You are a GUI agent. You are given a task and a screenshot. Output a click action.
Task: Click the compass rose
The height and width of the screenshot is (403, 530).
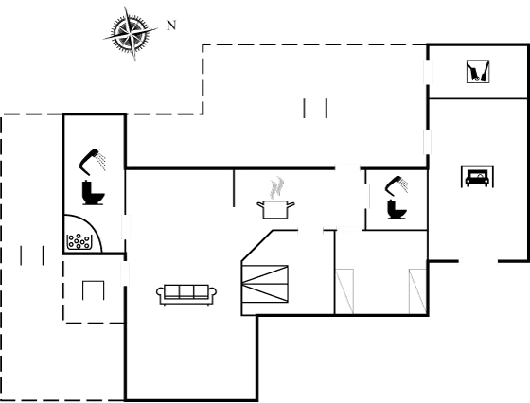coord(131,33)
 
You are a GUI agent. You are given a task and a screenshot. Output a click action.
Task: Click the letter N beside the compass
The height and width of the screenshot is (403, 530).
coord(171,26)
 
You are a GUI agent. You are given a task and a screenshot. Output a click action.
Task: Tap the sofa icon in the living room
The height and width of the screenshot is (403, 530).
coord(186,294)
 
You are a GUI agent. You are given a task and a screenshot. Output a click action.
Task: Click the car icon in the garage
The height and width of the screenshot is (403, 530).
coord(477,176)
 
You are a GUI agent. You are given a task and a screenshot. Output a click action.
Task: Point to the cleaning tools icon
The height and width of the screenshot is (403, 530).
coord(478,71)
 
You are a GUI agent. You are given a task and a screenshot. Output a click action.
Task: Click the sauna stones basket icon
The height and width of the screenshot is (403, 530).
coord(79,241)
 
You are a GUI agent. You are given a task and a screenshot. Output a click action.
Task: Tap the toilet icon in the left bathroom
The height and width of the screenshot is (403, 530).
coord(93,193)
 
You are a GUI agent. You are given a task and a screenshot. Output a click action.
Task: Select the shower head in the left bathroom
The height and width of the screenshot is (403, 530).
coord(93,162)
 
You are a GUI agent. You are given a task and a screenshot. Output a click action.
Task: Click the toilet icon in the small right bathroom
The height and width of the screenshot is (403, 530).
coord(397,209)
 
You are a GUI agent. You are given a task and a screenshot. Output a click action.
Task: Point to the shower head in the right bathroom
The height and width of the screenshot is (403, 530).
coord(397,185)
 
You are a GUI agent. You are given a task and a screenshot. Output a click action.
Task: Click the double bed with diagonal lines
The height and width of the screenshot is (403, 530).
coord(265,284)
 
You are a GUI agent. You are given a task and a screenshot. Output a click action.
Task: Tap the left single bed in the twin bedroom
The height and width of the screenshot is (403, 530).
coord(344,291)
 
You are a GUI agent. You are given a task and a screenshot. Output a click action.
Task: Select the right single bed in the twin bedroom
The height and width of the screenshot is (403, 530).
coord(417,291)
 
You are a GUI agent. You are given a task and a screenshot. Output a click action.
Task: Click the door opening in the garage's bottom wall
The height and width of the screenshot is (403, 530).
coord(478,260)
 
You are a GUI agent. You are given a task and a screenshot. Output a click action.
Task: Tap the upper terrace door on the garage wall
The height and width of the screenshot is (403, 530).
coord(428,72)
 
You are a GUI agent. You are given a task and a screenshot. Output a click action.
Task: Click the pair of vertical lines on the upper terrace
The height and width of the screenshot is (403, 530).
coord(315,108)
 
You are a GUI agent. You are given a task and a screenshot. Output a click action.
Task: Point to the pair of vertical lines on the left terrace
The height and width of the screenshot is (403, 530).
coord(32,255)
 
